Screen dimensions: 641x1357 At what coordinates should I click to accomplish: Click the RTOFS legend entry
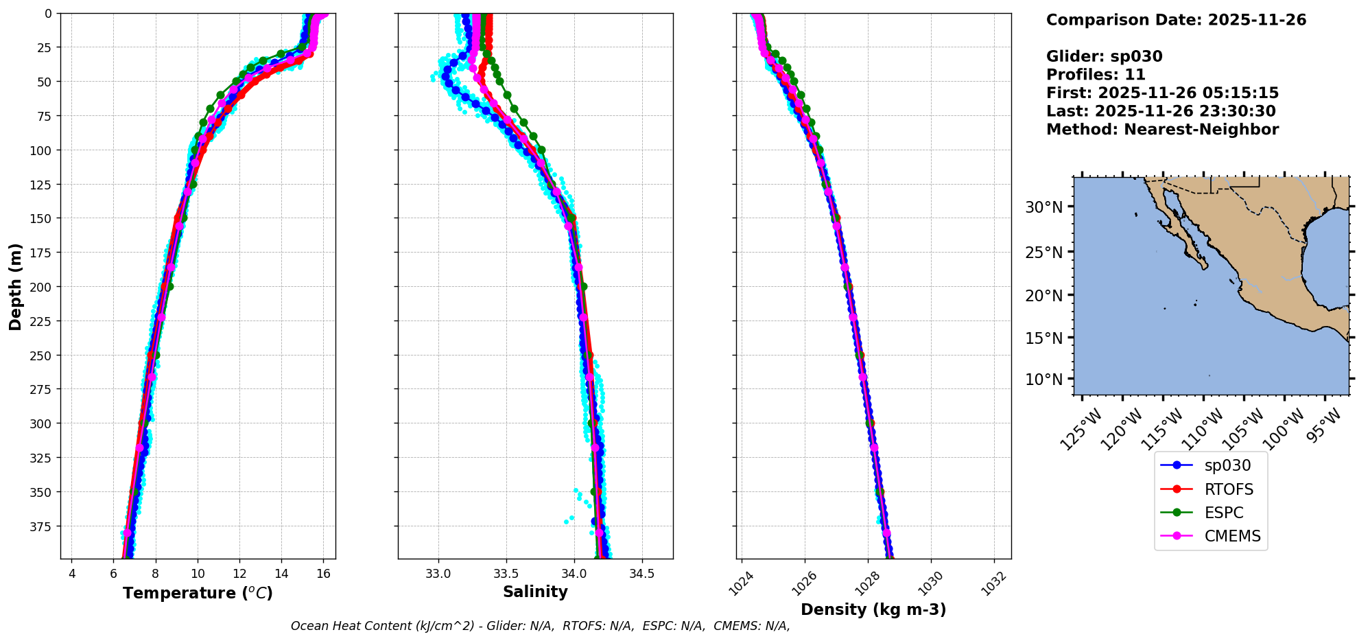1228,489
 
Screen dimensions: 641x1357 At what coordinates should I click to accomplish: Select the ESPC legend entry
1223,513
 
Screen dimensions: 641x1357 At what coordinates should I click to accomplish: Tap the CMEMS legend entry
1232,536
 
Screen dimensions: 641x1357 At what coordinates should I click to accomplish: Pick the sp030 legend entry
1227,465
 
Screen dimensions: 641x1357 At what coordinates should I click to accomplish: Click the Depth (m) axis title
15,286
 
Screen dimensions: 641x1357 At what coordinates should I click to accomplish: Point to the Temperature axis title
198,593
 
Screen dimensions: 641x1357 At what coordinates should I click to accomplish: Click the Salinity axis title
535,592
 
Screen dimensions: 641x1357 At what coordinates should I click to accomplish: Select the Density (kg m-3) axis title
873,609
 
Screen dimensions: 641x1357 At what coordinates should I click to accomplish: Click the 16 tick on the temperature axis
323,574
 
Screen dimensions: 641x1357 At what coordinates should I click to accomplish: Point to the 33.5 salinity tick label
506,574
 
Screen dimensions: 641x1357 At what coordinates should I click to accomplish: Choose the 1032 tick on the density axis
993,583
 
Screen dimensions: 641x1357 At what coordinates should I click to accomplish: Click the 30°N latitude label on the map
1043,207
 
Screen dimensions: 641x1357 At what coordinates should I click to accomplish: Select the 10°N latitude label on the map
1043,380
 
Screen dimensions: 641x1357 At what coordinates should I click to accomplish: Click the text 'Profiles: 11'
1096,75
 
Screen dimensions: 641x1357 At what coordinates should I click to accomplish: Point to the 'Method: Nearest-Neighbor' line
1162,130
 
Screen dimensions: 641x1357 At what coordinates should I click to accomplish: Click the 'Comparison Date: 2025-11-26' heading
1176,20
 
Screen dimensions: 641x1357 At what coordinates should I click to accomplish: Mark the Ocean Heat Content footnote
540,626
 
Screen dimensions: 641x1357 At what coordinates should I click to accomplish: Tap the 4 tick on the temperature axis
72,574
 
